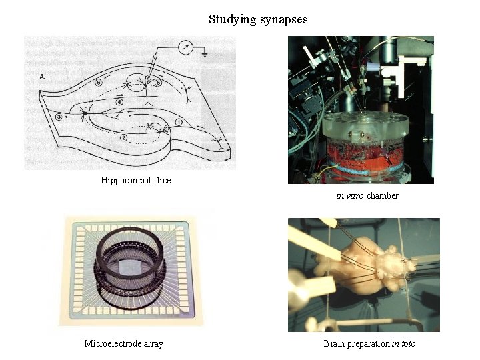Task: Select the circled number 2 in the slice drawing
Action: pos(123,138)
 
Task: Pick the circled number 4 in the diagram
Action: pos(119,101)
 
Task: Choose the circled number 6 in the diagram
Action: pos(98,83)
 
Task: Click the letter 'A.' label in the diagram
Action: pos(43,77)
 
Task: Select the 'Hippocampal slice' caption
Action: pos(136,180)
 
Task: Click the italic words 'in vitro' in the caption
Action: pos(350,196)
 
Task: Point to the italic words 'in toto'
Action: pos(403,343)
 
